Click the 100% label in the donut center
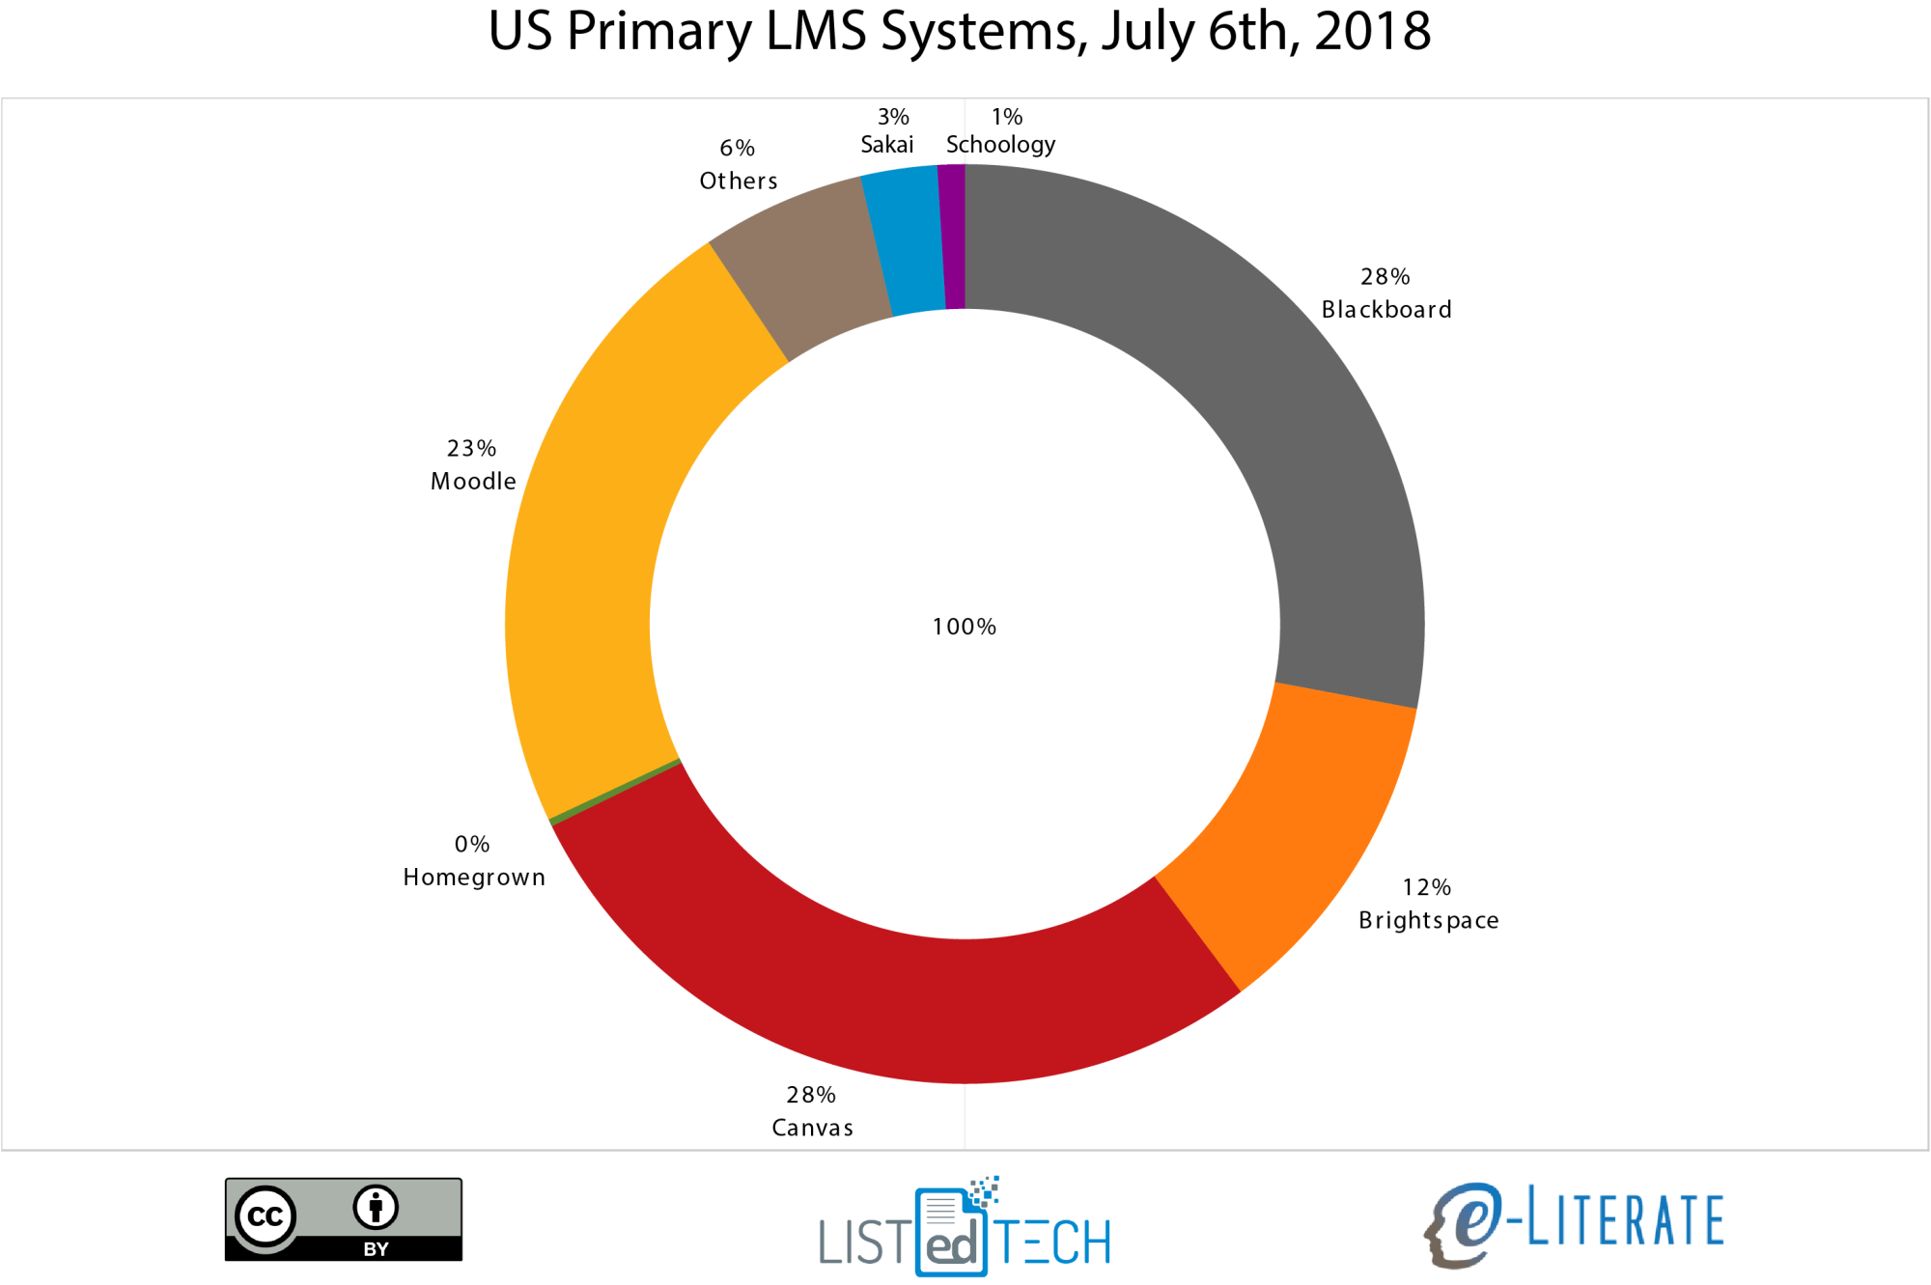pyautogui.click(x=964, y=627)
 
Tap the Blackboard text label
pyautogui.click(x=1386, y=310)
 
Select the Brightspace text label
pyautogui.click(x=1428, y=920)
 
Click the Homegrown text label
pyautogui.click(x=474, y=877)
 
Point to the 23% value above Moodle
pyautogui.click(x=471, y=449)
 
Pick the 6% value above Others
pyautogui.click(x=737, y=148)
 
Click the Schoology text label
pyautogui.click(x=1000, y=145)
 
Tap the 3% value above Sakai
pyautogui.click(x=893, y=117)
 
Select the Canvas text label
pyautogui.click(x=812, y=1128)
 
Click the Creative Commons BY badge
pyautogui.click(x=344, y=1218)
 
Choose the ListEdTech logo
pyautogui.click(x=965, y=1228)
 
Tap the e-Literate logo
pyautogui.click(x=1574, y=1222)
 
